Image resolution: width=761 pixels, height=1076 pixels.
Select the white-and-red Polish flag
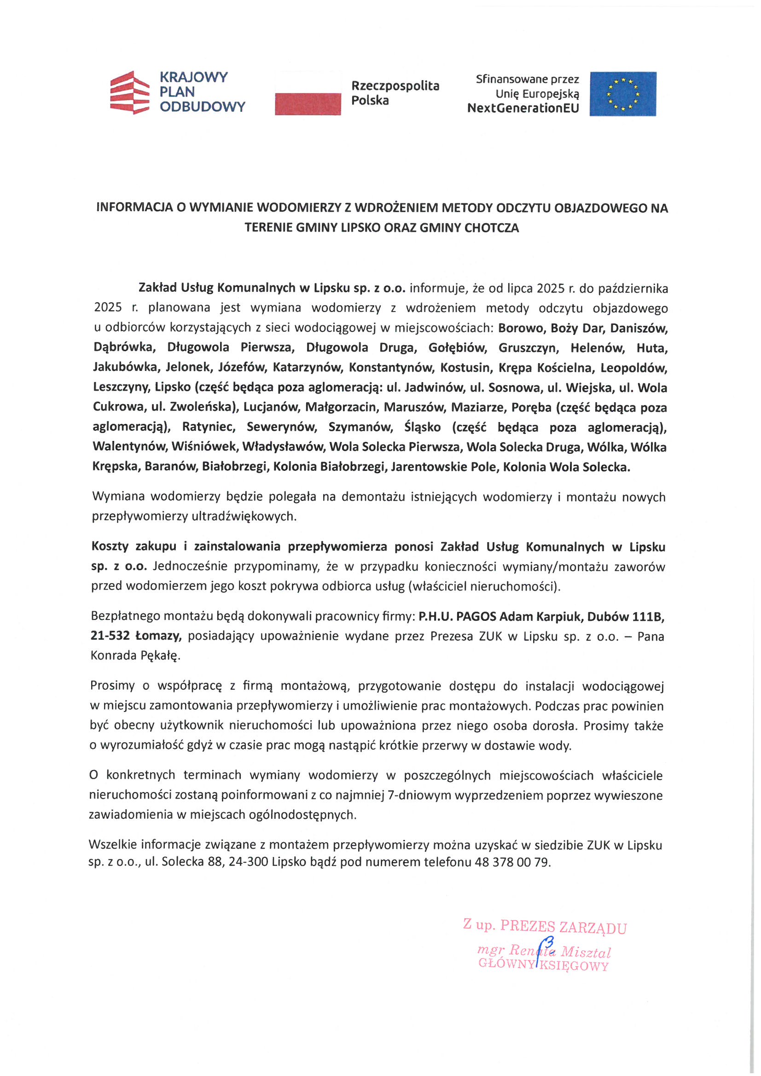308,93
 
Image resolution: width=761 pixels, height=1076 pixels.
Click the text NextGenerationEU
523,108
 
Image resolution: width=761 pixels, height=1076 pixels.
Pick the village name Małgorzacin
341,407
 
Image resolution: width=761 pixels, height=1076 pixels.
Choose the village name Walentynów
129,446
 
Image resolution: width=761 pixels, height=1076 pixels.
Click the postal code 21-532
110,636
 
